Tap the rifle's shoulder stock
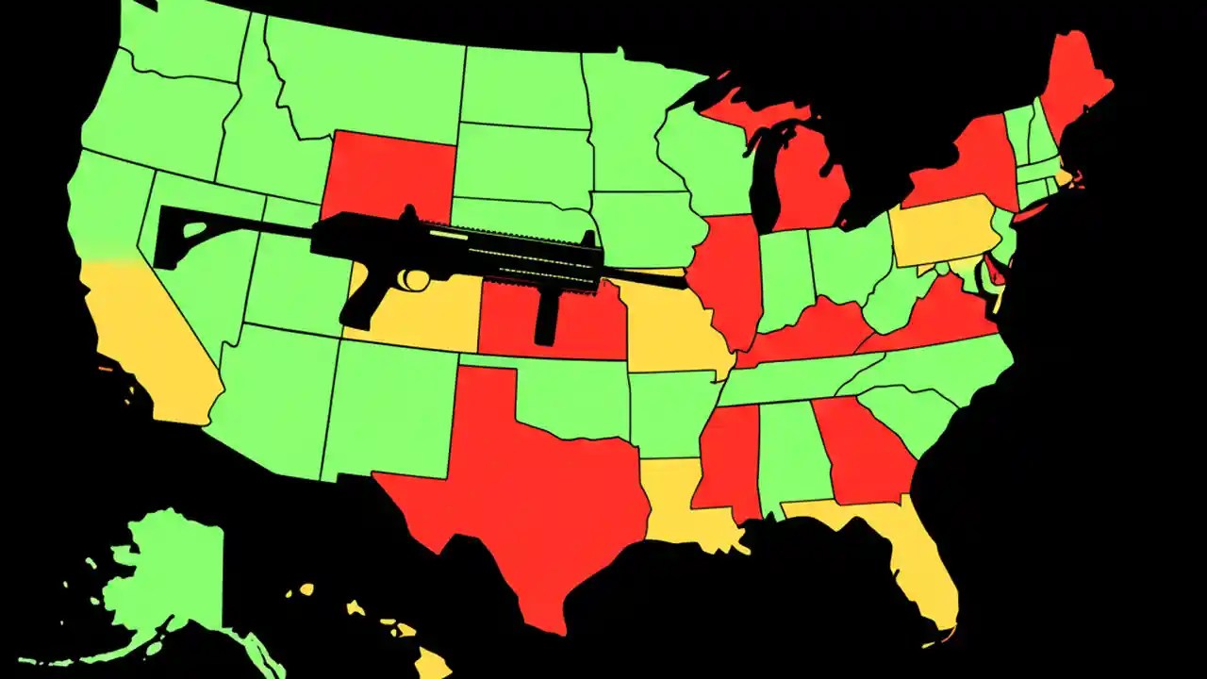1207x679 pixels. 189,236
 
